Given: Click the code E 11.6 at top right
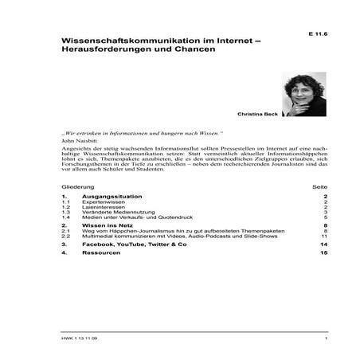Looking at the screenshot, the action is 318,34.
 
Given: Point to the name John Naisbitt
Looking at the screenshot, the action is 76,140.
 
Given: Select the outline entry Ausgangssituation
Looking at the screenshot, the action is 112,196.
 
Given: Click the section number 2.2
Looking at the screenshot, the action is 66,237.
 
